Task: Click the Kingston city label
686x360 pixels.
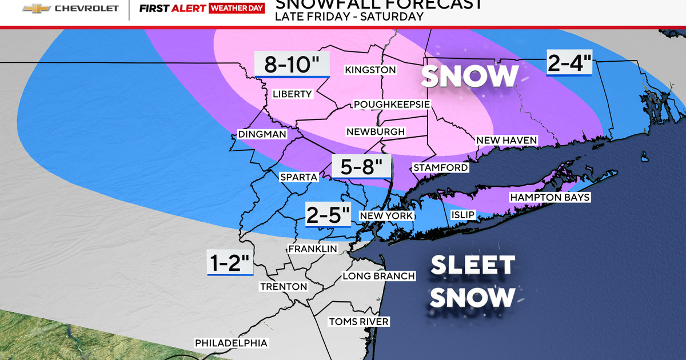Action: [370, 70]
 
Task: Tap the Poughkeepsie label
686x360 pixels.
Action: [392, 105]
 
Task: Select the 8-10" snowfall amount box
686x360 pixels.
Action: [292, 64]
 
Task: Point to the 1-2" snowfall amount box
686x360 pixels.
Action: [230, 264]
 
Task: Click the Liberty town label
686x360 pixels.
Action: [292, 94]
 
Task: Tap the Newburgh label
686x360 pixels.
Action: [376, 132]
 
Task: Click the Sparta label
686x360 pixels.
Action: [298, 177]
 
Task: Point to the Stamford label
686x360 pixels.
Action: [440, 168]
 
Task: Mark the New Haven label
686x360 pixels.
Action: [507, 141]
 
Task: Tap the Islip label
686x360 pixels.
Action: [462, 215]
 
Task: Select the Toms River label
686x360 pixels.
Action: [358, 322]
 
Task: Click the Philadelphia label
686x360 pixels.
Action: [231, 343]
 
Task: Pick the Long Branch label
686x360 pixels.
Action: [378, 277]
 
